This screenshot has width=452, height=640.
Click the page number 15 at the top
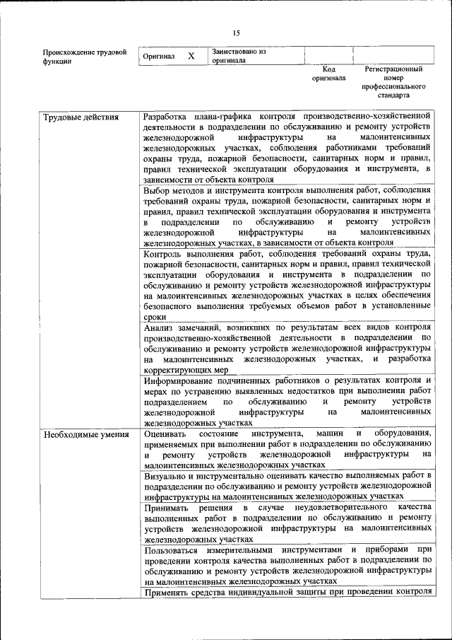pos(236,32)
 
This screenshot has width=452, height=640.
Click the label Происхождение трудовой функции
pos(84,57)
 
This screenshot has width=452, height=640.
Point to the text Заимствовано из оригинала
pos(238,56)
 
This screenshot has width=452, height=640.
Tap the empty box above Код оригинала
pos(328,55)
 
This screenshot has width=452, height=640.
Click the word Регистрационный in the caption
pos(393,69)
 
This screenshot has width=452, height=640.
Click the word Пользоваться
pos(172,549)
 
